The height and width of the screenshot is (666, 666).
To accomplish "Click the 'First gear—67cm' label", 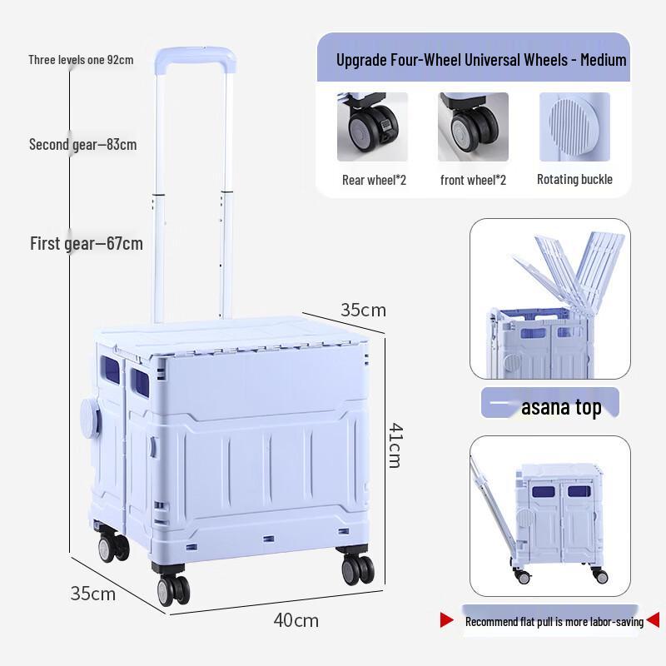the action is click(87, 244).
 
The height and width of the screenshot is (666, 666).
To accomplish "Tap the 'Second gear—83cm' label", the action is click(82, 145).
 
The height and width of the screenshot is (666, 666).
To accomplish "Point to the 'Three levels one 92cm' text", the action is click(81, 60).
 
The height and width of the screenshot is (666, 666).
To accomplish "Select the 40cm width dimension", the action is click(296, 620).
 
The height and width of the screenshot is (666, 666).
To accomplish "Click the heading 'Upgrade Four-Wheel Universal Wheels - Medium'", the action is click(481, 60).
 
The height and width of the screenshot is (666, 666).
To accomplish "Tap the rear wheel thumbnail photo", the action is click(372, 127).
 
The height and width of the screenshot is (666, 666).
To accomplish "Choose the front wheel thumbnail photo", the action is click(473, 127).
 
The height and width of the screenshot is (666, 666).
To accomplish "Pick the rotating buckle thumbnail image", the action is click(574, 127).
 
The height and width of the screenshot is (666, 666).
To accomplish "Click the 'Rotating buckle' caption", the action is click(574, 179).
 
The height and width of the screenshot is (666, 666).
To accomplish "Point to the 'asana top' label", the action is click(561, 408).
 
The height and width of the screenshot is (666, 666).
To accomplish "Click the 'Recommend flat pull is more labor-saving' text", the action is click(554, 622).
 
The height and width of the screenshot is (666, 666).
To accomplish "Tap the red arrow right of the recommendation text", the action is click(653, 619).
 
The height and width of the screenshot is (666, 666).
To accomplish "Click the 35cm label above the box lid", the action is click(363, 310).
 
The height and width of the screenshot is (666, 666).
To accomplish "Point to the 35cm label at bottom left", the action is click(92, 594).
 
